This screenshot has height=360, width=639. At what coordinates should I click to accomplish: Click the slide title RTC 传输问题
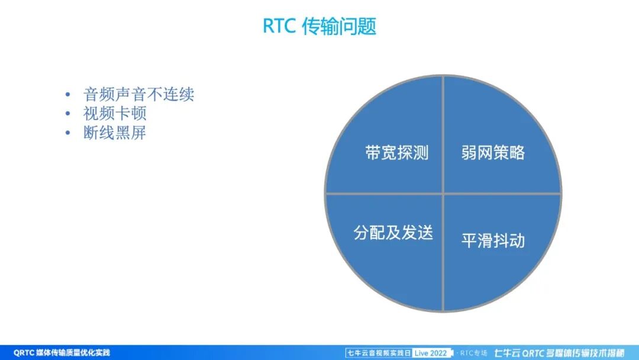tap(319, 27)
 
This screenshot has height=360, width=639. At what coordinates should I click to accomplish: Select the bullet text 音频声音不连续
tap(138, 94)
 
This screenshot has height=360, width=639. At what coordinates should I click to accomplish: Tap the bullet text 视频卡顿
tap(115, 114)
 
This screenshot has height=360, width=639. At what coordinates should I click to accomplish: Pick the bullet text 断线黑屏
tap(115, 133)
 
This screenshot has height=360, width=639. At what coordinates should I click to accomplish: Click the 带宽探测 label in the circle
tap(396, 153)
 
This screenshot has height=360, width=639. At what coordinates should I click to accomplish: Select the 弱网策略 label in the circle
tap(493, 153)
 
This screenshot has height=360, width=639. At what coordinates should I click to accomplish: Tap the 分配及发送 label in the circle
tap(393, 233)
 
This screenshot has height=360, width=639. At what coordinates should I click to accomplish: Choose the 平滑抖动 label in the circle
tap(493, 241)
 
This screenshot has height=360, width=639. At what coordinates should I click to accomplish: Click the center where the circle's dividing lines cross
tap(443, 193)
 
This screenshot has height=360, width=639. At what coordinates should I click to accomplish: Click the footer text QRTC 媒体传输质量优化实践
tap(62, 353)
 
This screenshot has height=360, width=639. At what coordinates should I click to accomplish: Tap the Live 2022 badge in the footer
tap(431, 353)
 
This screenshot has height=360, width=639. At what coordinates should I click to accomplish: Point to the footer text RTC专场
tap(473, 353)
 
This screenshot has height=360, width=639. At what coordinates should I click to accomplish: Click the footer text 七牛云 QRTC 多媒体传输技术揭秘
tap(559, 353)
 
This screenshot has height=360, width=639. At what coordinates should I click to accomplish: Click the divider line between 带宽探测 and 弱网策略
tap(443, 136)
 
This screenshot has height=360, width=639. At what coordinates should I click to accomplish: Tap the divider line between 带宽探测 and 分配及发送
tap(385, 193)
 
